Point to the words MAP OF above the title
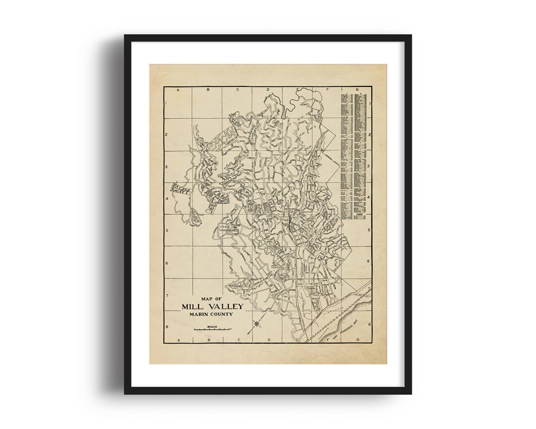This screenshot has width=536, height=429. click(x=212, y=298)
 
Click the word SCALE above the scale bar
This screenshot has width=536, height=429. click(x=212, y=326)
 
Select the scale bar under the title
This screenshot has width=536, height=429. click(x=212, y=329)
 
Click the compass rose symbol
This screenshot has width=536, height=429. click(x=257, y=325)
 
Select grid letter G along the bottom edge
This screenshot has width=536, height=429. click(x=357, y=340)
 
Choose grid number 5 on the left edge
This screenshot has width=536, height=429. click(x=167, y=230)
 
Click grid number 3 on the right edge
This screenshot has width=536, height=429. click(x=369, y=167)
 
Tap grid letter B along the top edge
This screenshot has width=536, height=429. click(x=207, y=90)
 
